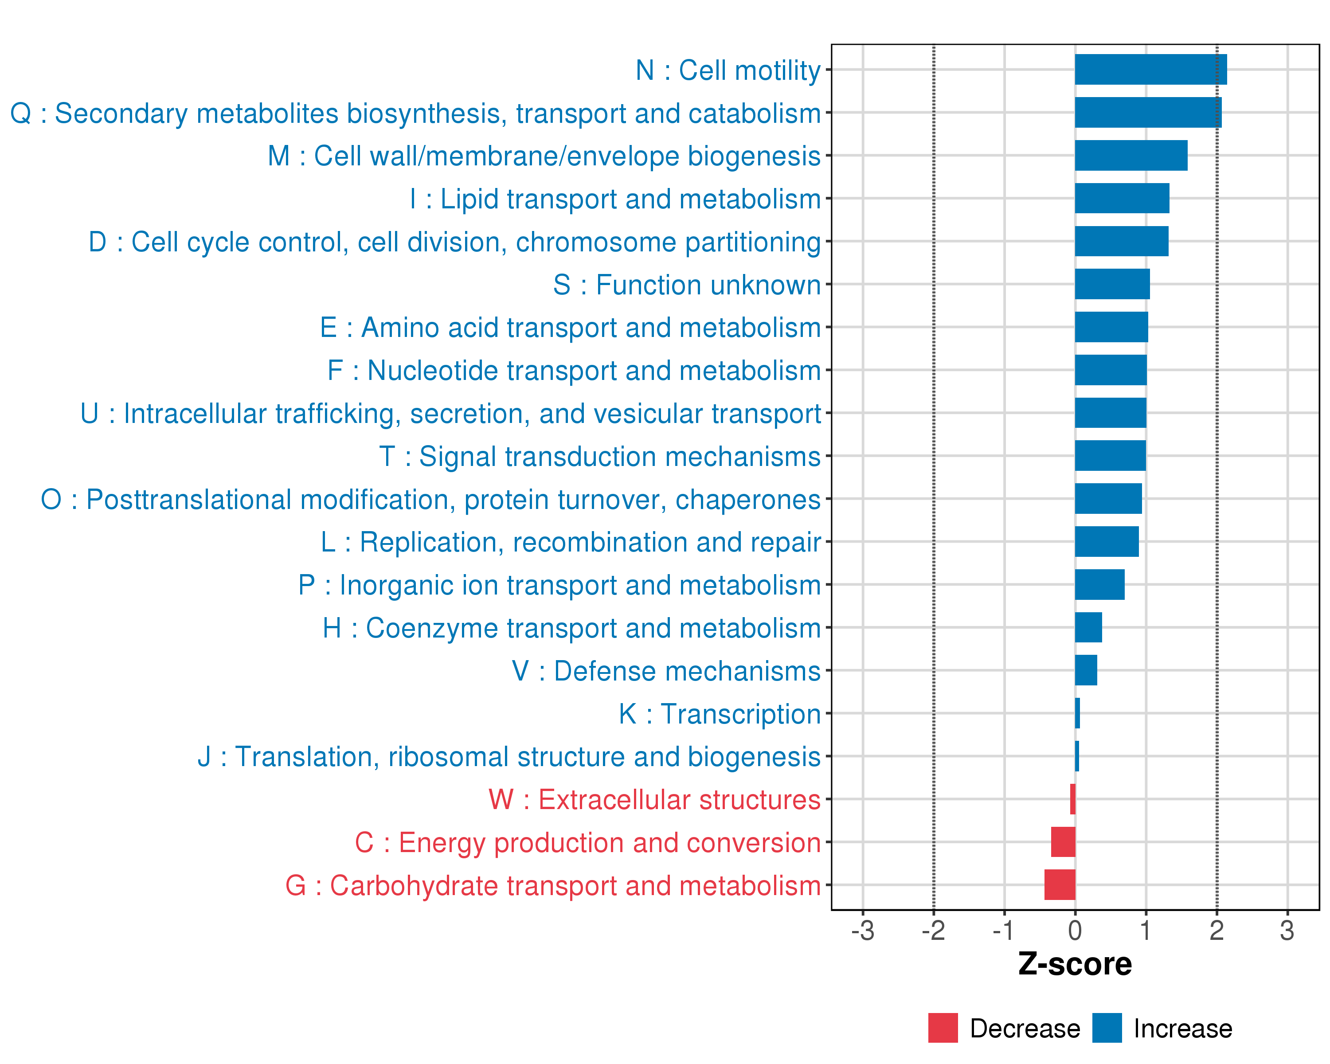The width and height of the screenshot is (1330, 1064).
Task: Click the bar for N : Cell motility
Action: (1150, 69)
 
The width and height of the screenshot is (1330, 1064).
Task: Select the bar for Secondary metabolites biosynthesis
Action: (1147, 112)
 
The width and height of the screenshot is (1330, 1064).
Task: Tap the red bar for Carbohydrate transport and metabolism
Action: (1060, 884)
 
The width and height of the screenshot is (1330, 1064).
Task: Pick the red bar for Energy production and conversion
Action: (1063, 841)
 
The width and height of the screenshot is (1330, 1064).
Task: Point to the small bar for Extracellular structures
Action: (1073, 799)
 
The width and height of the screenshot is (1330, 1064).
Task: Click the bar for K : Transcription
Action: (1077, 713)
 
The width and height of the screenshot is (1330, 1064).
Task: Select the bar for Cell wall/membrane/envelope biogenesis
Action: (1131, 156)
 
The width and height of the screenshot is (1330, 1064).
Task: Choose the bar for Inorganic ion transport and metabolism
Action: (1099, 584)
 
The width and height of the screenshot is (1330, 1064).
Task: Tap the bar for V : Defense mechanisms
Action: (1086, 670)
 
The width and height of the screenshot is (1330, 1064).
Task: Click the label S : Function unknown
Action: (687, 284)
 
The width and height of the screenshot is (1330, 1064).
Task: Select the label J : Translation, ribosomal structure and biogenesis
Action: (509, 756)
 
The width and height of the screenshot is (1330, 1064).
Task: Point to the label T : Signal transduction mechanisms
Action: (600, 457)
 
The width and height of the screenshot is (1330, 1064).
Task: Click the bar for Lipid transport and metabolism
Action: (1122, 198)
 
